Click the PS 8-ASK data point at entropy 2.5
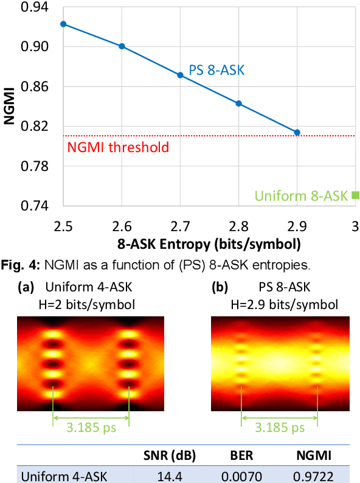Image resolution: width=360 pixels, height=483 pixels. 63,24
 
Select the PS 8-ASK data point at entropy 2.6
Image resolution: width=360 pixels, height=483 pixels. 122,46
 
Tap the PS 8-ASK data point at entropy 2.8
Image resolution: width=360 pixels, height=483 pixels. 239,103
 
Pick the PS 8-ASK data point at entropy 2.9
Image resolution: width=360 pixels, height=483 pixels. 297,132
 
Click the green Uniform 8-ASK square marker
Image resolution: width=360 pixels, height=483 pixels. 356,195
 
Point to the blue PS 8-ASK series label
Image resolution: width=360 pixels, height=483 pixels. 216,71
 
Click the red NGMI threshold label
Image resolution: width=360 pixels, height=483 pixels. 118,147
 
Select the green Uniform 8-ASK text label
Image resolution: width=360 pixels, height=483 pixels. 301,196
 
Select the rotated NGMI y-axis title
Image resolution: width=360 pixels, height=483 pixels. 9,106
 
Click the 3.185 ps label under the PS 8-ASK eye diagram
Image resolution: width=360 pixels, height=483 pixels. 279,427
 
